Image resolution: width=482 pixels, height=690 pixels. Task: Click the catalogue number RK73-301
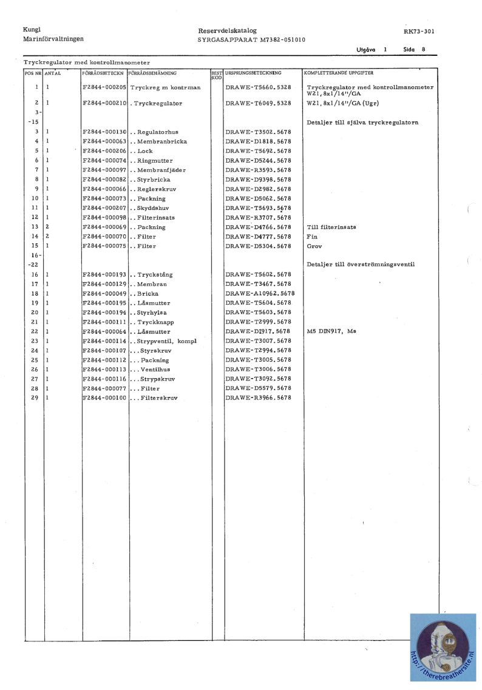pos(418,31)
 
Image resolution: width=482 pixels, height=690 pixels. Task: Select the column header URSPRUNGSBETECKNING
pos(253,73)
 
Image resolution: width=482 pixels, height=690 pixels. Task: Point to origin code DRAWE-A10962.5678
pos(260,293)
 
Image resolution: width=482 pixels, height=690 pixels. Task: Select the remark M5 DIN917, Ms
pos(331,331)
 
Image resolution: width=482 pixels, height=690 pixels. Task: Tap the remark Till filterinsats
pos(331,227)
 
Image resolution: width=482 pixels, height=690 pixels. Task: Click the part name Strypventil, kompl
pos(163,341)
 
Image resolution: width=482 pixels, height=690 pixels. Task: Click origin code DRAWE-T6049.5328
pos(257,103)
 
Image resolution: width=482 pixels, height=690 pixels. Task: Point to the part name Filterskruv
pos(155,398)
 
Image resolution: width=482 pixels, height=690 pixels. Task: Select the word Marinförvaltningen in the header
pos(53,39)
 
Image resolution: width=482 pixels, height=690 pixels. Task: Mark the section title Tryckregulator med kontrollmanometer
pos(87,63)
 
